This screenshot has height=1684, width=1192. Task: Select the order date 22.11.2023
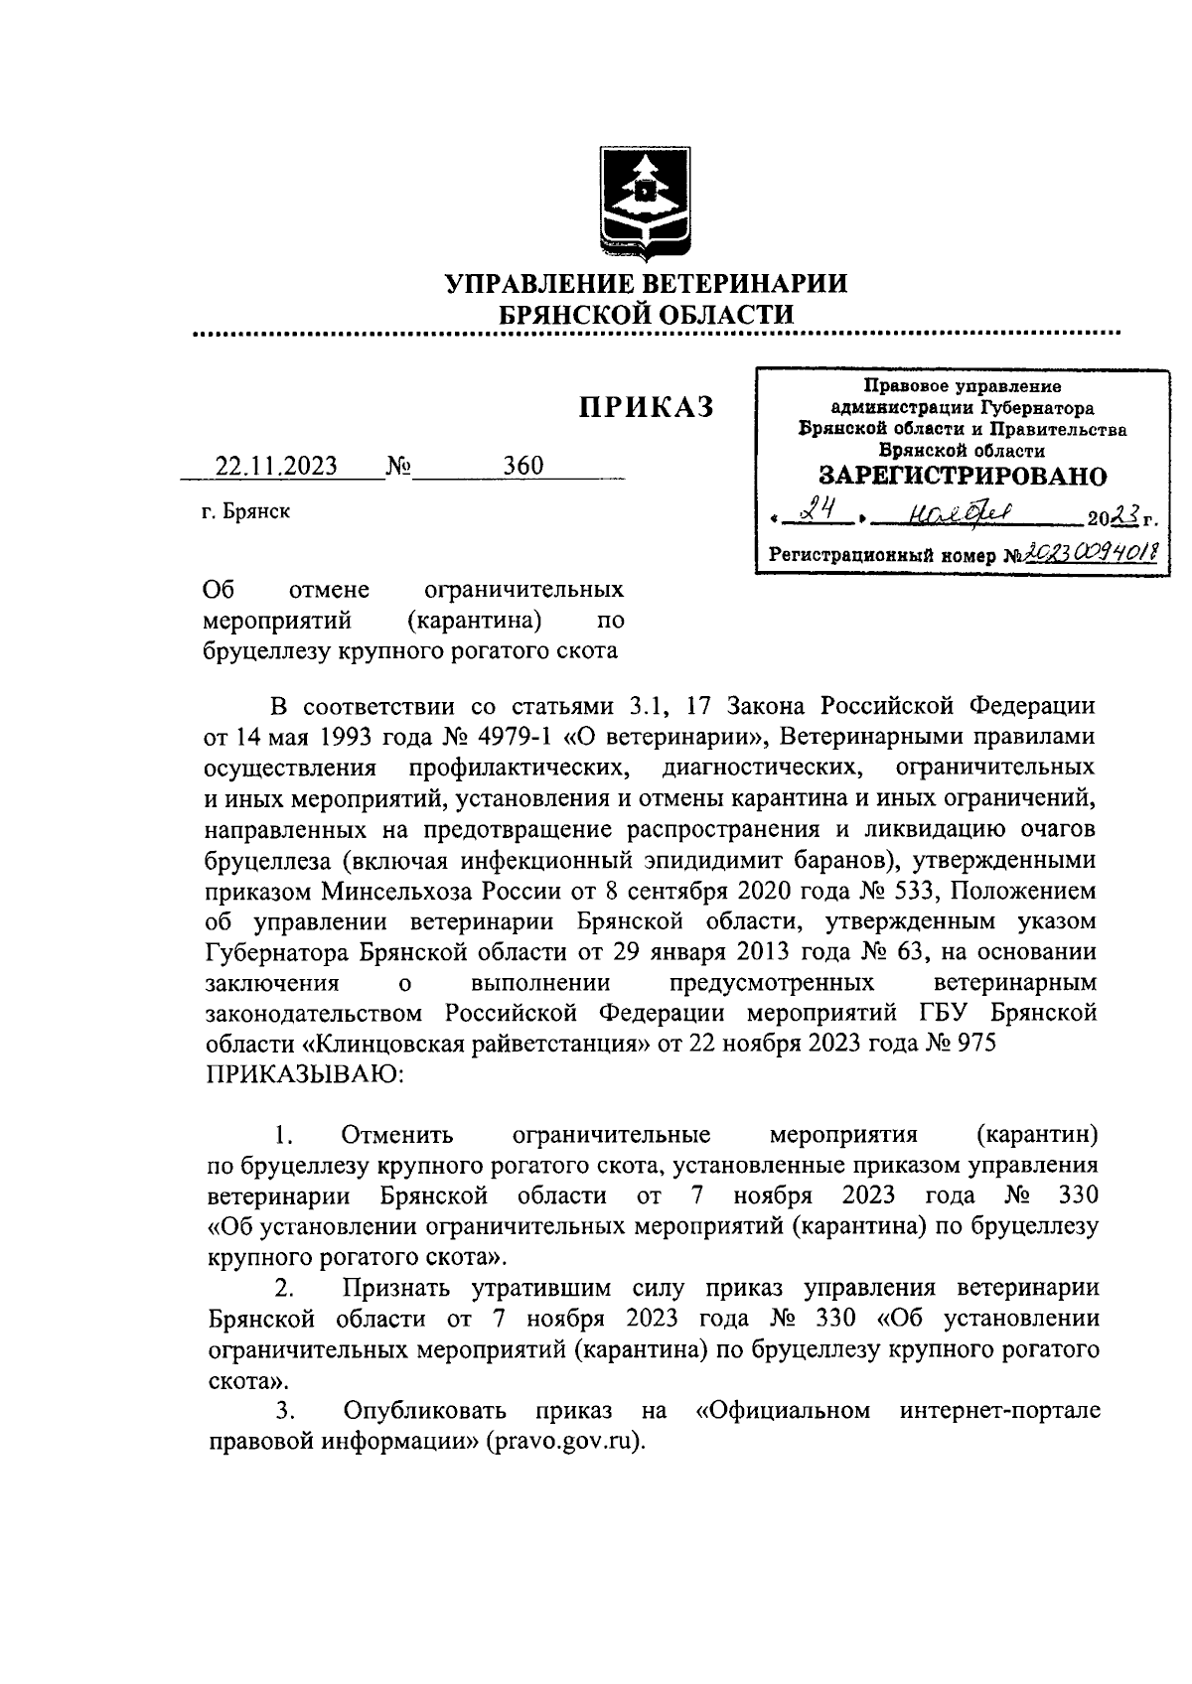277,466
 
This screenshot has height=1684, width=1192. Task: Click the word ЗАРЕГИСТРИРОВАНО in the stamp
963,476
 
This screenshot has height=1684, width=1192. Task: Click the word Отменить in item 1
396,1134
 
